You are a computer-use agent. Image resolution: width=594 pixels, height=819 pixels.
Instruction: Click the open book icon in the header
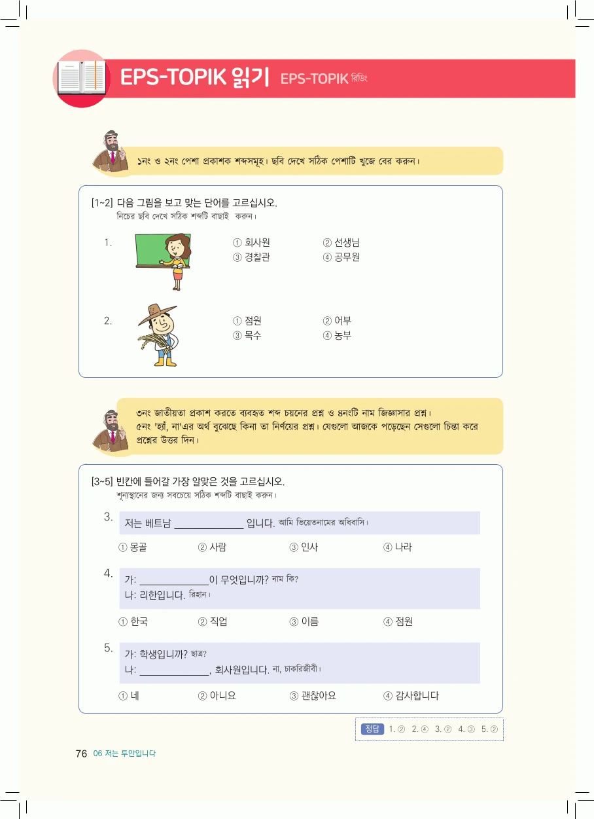pyautogui.click(x=81, y=77)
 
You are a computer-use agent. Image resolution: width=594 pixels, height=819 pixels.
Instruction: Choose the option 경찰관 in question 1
pyautogui.click(x=251, y=257)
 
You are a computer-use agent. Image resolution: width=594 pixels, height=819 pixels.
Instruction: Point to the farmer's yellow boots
pyautogui.click(x=165, y=361)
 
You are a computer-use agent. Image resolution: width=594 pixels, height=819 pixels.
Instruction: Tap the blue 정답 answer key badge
pyautogui.click(x=372, y=729)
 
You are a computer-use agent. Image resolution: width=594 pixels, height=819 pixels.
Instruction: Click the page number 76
pyautogui.click(x=81, y=754)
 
